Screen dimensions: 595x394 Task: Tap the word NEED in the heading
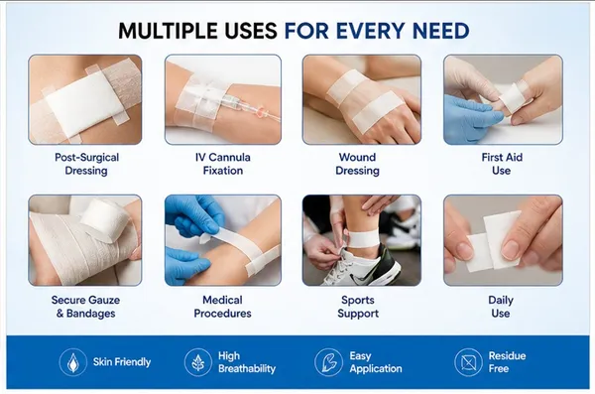tap(440, 31)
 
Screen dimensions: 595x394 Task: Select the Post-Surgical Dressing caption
tap(86, 164)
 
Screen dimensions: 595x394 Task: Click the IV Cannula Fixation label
tap(223, 164)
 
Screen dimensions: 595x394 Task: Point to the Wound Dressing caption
tap(357, 164)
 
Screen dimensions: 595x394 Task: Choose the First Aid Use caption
tap(502, 164)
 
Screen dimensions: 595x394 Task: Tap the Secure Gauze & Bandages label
tap(85, 307)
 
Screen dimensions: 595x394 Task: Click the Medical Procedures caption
tap(223, 307)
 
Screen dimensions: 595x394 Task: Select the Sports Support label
tap(358, 307)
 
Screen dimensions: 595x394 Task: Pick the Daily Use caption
tap(501, 307)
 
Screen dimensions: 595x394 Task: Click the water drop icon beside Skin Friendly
tap(72, 362)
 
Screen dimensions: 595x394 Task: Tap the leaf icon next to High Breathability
tap(197, 362)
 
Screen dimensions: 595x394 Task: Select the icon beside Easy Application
tap(328, 362)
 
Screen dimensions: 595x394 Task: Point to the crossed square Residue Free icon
tap(468, 362)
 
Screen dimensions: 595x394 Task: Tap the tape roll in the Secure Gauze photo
tap(105, 219)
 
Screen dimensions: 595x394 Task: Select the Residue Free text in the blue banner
tap(507, 362)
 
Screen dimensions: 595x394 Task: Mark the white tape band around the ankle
tap(364, 239)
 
